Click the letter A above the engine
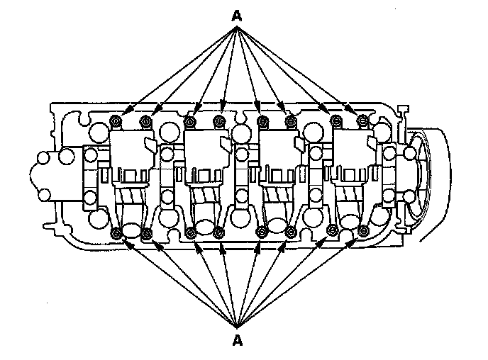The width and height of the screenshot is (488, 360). (x=237, y=14)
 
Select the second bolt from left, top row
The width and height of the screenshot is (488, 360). (x=146, y=121)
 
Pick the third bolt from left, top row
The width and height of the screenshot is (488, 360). (x=190, y=121)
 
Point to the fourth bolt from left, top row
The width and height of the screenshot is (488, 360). (x=219, y=121)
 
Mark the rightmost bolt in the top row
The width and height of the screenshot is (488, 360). (x=363, y=121)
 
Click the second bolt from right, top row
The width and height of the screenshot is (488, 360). (x=334, y=121)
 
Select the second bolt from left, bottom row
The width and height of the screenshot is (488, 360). (x=147, y=232)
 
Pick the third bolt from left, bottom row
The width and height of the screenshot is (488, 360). (x=189, y=232)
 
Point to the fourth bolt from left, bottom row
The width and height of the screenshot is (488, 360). (x=220, y=232)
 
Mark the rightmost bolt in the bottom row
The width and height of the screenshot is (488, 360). (x=364, y=232)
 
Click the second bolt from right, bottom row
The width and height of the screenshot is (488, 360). (x=333, y=232)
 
